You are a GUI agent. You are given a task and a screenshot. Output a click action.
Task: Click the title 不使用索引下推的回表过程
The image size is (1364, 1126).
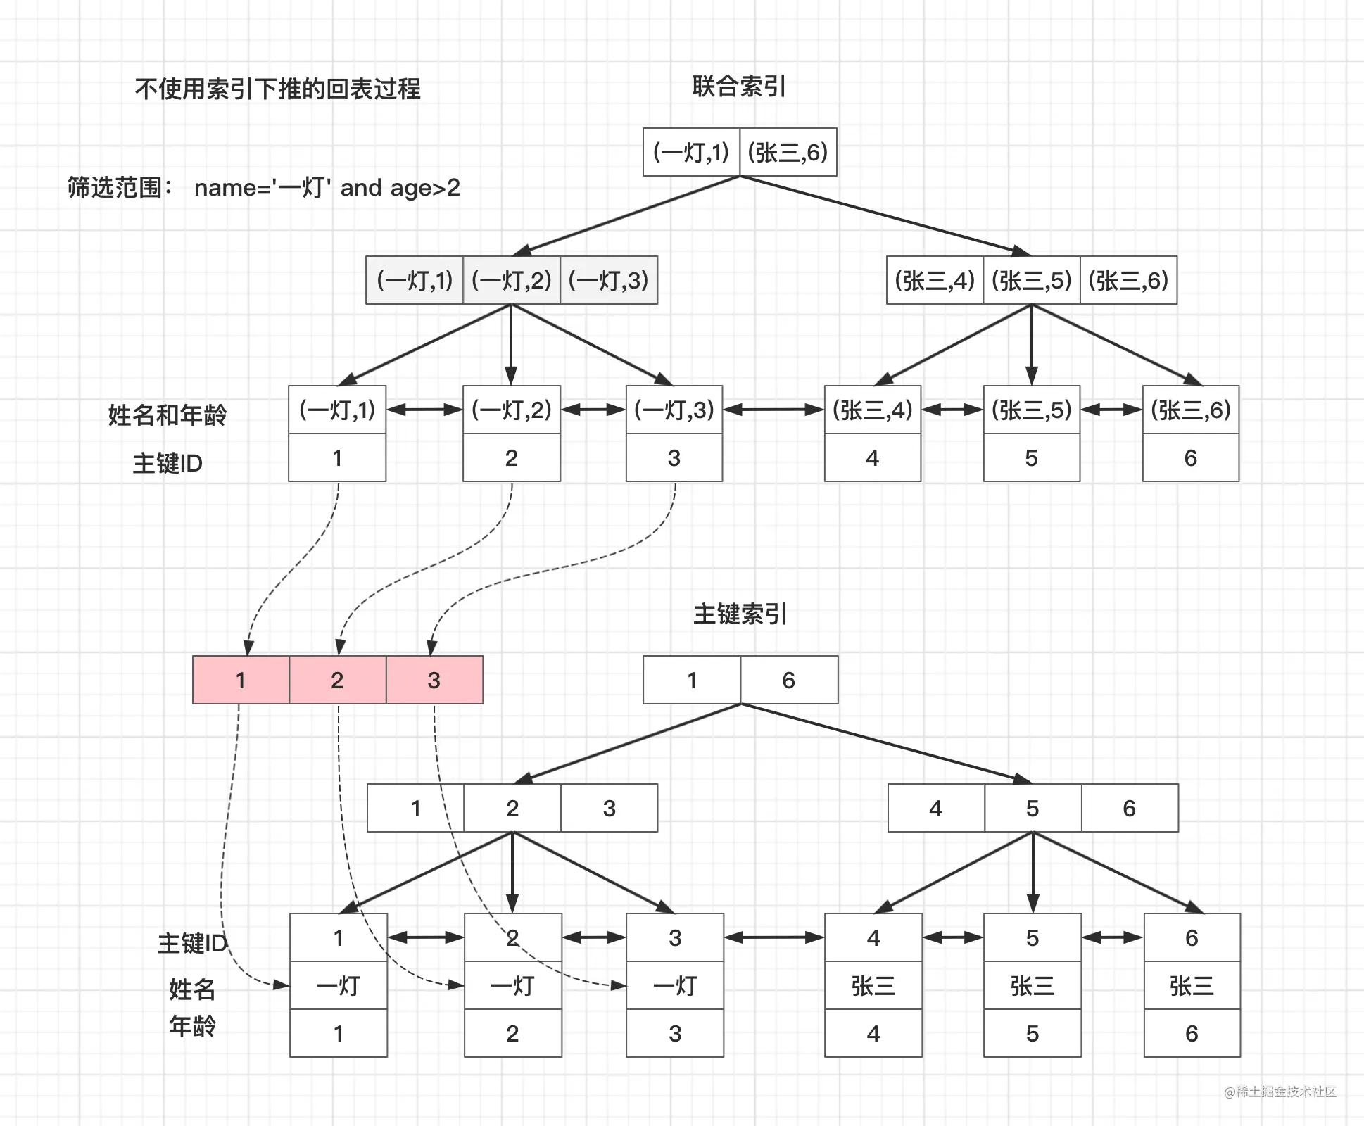tap(277, 89)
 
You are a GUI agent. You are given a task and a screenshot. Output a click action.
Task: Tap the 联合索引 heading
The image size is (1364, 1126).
tap(739, 87)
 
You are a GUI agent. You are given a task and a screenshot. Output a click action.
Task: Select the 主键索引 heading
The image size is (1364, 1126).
tap(740, 614)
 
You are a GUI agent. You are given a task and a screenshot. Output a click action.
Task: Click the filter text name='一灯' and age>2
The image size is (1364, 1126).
tap(327, 188)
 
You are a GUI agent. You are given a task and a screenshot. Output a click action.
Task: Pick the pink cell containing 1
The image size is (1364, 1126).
tap(241, 680)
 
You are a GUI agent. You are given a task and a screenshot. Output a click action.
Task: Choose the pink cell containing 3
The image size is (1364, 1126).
tap(434, 680)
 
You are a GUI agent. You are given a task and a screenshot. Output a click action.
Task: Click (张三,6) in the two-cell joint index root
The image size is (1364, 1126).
tap(788, 152)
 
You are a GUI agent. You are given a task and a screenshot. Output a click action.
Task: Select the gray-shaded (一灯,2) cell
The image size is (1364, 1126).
tap(512, 280)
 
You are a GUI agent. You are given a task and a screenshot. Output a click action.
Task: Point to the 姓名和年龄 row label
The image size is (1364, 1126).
tap(168, 415)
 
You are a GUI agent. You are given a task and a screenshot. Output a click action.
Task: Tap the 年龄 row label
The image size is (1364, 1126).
tap(192, 1026)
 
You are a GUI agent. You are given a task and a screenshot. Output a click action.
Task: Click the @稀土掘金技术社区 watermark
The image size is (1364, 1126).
tap(1280, 1092)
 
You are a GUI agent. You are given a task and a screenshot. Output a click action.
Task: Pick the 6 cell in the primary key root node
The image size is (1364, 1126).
tap(789, 680)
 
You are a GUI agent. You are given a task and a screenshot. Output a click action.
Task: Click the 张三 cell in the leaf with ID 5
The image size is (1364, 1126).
tap(1033, 985)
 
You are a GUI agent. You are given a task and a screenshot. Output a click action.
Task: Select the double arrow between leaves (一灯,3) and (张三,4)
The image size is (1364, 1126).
tap(773, 410)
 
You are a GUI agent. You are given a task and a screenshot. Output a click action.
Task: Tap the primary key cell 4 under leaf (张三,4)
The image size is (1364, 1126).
tap(873, 457)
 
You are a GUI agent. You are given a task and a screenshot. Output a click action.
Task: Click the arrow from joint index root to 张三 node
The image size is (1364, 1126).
tap(885, 215)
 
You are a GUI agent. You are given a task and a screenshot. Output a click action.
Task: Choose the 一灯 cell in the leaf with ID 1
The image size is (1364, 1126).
tap(339, 985)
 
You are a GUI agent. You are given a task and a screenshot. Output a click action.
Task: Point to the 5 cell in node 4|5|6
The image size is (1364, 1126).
tap(1033, 808)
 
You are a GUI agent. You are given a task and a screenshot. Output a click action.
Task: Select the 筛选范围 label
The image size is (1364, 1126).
tap(120, 188)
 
